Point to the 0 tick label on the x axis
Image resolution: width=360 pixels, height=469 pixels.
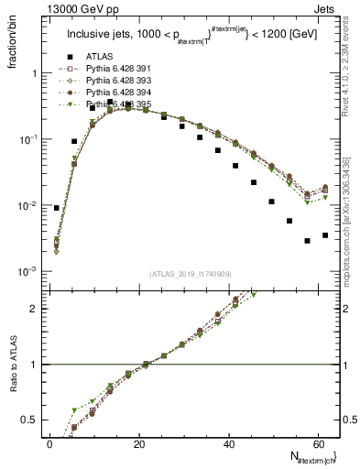click(50, 443)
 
